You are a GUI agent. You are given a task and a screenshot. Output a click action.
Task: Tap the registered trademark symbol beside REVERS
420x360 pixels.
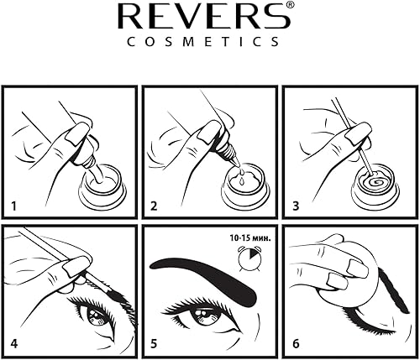point(290,7)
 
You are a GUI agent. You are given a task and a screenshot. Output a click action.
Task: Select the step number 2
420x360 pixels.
point(152,205)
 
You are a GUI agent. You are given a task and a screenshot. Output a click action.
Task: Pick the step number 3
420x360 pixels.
point(291,205)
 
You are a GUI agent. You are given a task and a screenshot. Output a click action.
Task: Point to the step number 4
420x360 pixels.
point(13,342)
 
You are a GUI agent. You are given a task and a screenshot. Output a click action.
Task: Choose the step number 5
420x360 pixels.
point(152,342)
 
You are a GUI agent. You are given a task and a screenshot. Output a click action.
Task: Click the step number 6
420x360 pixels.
point(291,342)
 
